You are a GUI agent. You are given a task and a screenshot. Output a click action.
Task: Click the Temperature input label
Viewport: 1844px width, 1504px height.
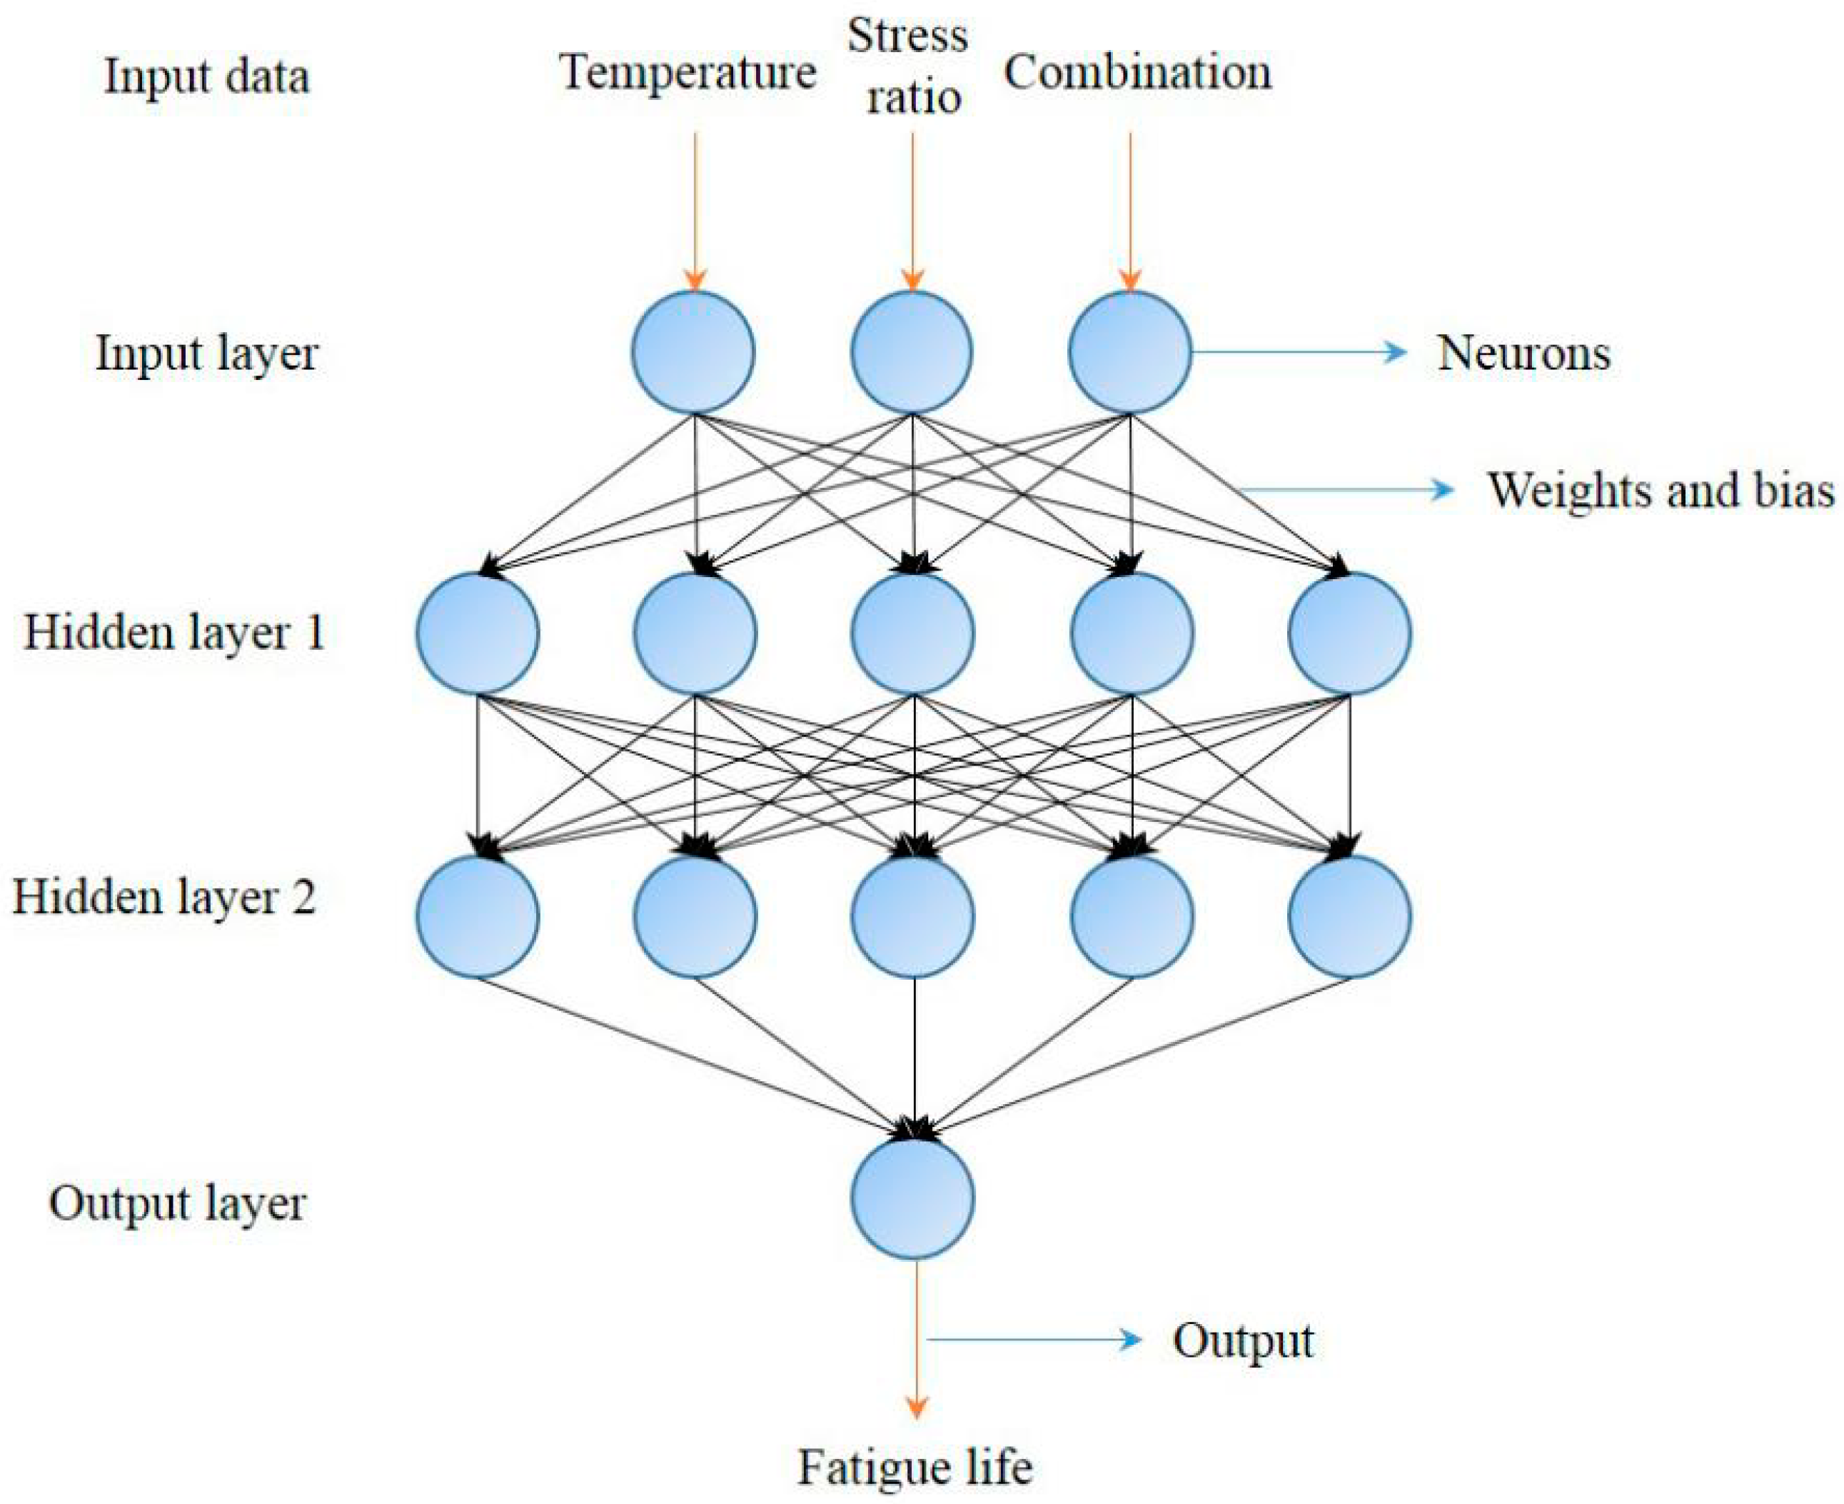point(687,72)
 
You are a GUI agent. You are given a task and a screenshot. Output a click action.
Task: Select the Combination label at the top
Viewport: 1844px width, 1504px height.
point(1137,72)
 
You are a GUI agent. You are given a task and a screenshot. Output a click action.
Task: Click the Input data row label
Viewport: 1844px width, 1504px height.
point(206,76)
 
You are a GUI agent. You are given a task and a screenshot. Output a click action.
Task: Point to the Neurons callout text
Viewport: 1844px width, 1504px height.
point(1523,354)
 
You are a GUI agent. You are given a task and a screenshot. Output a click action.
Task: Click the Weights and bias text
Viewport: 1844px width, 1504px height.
point(1661,491)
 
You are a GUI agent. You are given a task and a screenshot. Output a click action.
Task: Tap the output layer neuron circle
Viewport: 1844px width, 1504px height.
point(912,1199)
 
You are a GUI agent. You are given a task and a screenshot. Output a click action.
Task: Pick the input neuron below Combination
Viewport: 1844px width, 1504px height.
point(1130,352)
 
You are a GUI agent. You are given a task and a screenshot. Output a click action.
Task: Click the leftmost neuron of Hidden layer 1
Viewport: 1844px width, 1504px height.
point(477,633)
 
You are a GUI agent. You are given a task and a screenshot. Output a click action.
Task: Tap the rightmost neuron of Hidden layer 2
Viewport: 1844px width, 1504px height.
point(1349,916)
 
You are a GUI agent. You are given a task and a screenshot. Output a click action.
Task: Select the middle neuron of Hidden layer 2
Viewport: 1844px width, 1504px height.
point(913,916)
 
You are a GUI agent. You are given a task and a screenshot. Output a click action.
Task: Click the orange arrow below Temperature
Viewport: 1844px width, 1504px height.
point(695,212)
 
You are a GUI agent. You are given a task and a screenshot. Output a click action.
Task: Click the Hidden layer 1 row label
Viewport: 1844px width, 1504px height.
point(173,633)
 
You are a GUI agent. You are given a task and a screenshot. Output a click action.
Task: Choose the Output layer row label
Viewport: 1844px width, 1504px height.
point(178,1203)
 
